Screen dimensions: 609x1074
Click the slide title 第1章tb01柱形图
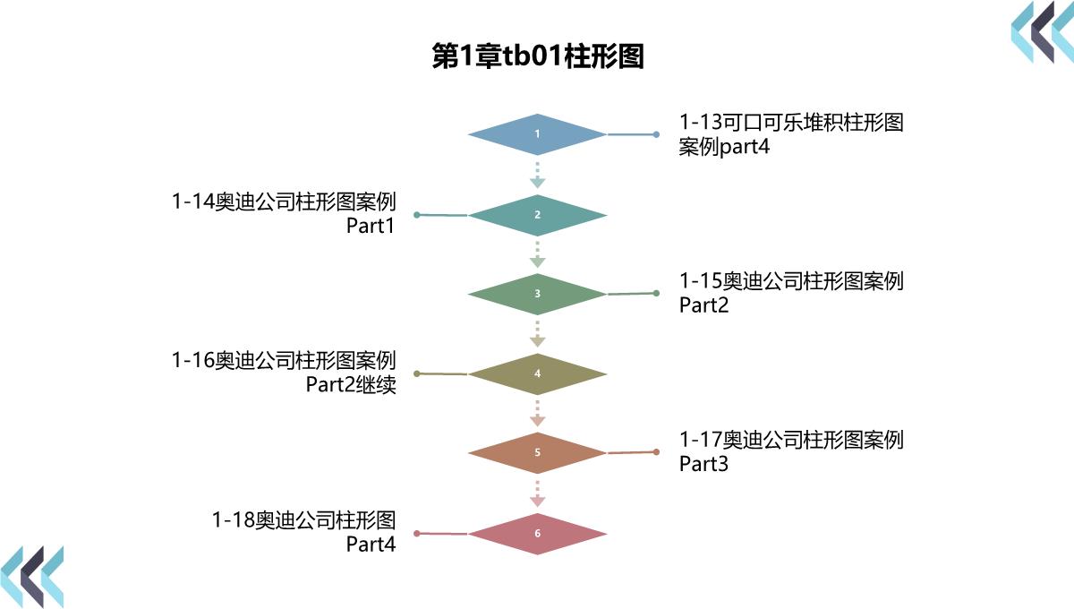coord(537,56)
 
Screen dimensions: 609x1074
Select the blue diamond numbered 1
coord(537,134)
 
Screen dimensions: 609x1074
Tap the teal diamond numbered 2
coord(537,215)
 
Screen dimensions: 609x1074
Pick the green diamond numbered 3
coord(537,294)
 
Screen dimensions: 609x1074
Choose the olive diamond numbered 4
coord(537,373)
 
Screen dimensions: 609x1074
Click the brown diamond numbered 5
coord(537,452)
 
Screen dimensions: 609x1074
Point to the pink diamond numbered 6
coord(537,534)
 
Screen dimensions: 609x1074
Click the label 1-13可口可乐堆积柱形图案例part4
coord(791,134)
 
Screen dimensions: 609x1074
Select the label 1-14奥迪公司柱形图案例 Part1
coord(284,214)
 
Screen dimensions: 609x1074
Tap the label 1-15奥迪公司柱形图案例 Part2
coord(791,293)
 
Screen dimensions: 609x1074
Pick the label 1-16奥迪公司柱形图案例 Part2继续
coord(284,373)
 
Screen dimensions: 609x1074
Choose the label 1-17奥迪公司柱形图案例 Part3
coord(791,451)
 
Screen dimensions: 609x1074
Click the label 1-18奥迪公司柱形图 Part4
coord(303,531)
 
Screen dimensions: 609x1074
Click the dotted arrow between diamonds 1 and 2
coord(537,175)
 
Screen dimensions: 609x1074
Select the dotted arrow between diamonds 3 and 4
coord(537,333)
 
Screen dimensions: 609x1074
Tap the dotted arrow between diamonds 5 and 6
coord(537,493)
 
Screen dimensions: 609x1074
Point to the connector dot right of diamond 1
coord(656,134)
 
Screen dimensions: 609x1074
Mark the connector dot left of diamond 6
coord(417,534)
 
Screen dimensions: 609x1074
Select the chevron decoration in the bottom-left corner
coord(32,576)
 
